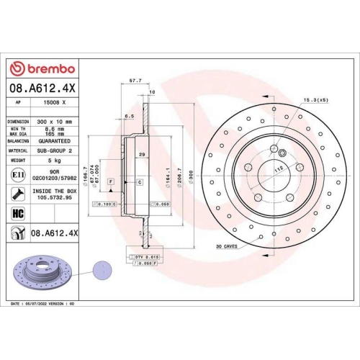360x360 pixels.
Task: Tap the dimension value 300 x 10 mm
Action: (55, 122)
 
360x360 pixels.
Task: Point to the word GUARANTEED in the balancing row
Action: (55, 142)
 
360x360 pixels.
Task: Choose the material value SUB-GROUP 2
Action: (55, 150)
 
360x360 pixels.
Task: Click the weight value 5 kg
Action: (55, 160)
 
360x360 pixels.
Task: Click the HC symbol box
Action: (16, 213)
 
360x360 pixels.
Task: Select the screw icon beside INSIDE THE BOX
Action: (16, 193)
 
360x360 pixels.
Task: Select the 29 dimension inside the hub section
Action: (142, 155)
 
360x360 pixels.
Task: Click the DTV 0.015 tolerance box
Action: (145, 257)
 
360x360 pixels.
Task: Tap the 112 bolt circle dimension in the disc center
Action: (279, 162)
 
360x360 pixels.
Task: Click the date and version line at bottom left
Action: (44, 305)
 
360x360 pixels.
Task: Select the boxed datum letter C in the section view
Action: (139, 183)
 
